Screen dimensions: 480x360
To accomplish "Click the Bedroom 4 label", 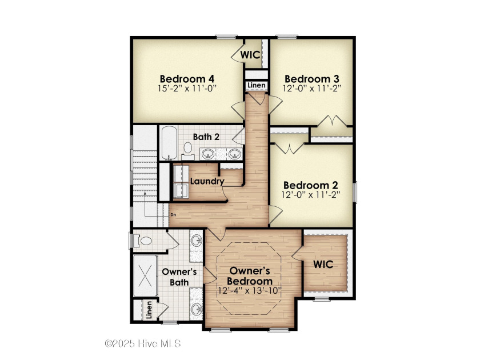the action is tap(187, 79).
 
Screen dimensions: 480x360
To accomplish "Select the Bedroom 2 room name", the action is tap(311, 185).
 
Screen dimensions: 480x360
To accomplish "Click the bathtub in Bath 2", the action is tap(169, 142).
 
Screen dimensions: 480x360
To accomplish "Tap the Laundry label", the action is tap(207, 181).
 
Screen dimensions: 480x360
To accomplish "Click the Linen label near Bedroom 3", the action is tap(257, 85).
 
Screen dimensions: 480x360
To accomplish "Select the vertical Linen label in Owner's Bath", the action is tap(149, 310).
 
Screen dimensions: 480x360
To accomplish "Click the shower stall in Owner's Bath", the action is tap(145, 275).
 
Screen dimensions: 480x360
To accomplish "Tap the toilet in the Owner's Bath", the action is tap(143, 241).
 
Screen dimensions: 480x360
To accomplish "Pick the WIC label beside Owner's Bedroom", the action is tap(323, 264).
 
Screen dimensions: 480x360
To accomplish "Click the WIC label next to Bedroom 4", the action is tap(250, 55).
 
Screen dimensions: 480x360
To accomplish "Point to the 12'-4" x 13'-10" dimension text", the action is tap(250, 290).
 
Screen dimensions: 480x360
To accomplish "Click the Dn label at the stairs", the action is tap(173, 215).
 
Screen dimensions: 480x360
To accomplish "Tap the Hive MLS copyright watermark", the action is tap(143, 343).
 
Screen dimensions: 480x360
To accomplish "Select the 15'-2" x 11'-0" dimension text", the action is tap(187, 89).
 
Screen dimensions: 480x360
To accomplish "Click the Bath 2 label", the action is tap(206, 137).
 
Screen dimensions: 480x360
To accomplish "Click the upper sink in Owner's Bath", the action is tap(196, 241).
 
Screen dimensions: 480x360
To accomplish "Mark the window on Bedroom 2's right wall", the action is tap(355, 192).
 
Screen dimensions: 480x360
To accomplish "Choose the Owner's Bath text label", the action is tap(179, 277).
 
